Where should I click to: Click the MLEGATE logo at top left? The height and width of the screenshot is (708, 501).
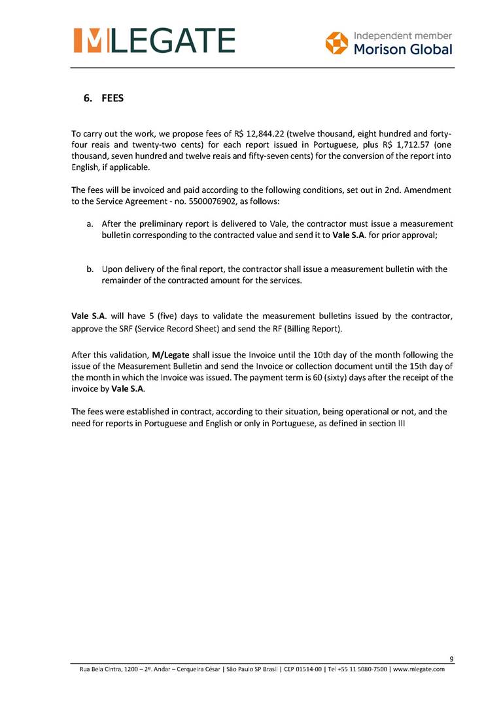154,41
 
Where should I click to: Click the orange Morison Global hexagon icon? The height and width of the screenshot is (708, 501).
337,42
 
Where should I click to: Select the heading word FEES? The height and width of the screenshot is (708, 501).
112,99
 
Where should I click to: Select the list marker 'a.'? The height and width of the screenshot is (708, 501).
90,224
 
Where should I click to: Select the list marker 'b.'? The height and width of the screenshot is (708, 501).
90,269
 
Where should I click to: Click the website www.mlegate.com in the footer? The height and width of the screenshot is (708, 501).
418,669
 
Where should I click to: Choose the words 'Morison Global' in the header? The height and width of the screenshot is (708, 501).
402,50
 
